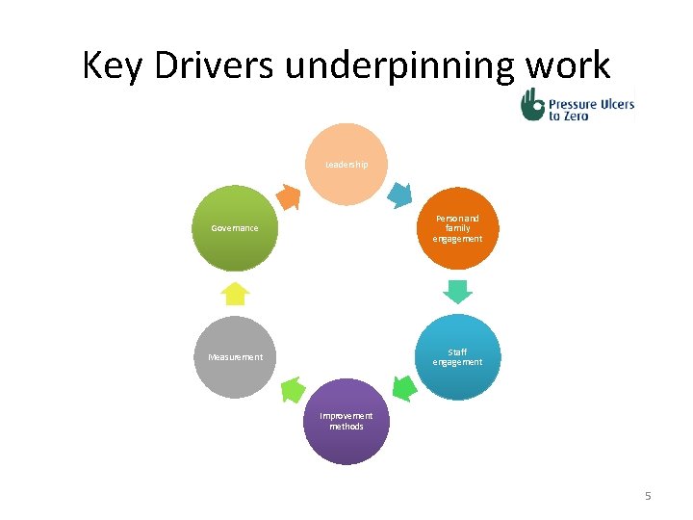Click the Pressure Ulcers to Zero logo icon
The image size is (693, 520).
(x=533, y=104)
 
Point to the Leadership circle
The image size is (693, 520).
(x=346, y=165)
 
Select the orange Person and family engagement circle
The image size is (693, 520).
(x=457, y=228)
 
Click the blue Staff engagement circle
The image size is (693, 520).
(x=457, y=357)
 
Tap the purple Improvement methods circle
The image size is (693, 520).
(x=346, y=421)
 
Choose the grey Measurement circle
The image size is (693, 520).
(x=235, y=357)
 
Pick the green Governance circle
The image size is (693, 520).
(x=235, y=228)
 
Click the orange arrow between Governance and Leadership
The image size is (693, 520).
(x=288, y=196)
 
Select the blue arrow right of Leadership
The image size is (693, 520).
(x=403, y=195)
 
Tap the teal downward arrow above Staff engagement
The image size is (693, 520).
(x=458, y=291)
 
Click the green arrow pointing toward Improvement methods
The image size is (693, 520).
(x=404, y=388)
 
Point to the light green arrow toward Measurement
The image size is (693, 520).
(x=291, y=389)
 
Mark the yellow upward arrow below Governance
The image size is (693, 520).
(x=235, y=293)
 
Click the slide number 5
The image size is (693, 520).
(x=648, y=496)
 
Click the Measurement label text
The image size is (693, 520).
(x=235, y=357)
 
